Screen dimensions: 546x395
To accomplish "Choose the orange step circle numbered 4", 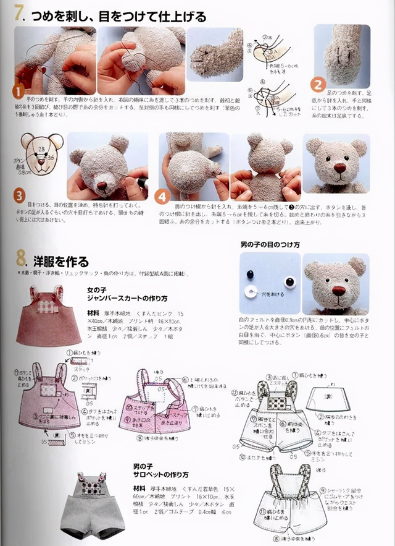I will [162, 197].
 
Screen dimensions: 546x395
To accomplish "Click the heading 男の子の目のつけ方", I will [270, 245].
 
